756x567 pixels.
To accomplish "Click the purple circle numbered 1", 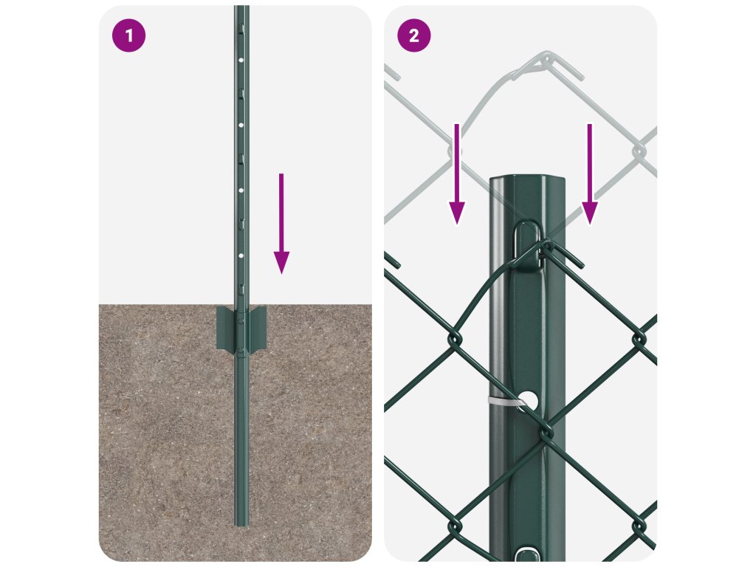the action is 128,35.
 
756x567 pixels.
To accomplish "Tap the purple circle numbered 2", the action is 413,35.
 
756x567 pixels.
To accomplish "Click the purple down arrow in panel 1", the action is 281,224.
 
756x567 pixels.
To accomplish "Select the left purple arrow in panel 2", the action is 457,174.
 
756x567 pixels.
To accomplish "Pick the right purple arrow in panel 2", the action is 590,174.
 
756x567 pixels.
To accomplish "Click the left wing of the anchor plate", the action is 225,328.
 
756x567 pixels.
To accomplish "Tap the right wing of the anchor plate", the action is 258,328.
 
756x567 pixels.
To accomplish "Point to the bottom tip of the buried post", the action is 241,525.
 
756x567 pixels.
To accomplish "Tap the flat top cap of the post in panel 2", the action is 527,180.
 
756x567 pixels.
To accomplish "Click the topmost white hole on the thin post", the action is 241,61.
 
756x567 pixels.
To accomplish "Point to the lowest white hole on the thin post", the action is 241,255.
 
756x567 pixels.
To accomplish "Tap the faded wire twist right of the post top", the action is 639,151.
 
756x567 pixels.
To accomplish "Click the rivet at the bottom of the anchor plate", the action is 238,349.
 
